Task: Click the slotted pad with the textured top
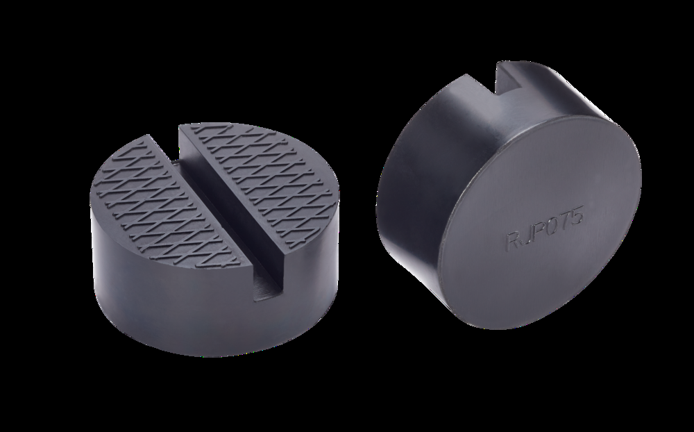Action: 214,239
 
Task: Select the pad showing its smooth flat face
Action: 509,195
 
